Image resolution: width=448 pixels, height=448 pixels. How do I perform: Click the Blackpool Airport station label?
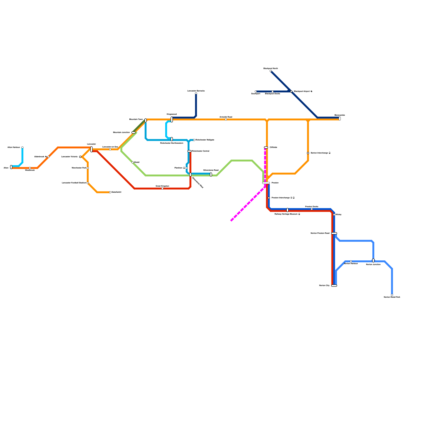tap(302, 92)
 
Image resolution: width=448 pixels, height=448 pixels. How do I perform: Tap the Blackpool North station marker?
tap(270, 71)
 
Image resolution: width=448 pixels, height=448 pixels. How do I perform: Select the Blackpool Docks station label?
tap(272, 94)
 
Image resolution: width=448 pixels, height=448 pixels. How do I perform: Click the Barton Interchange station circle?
tap(308, 153)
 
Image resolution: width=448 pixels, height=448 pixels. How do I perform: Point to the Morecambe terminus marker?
tap(340, 118)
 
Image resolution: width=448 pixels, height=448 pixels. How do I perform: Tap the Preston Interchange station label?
tap(281, 198)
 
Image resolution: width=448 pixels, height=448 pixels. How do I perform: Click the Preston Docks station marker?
tap(312, 209)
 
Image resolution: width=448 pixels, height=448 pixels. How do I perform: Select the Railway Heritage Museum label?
tap(286, 214)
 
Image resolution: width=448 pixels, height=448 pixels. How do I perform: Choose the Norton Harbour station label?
tap(351, 264)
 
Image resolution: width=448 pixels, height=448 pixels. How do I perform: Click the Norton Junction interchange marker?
tap(373, 260)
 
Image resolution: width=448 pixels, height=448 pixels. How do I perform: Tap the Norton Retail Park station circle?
tap(392, 295)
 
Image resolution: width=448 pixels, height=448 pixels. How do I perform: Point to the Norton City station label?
tap(324, 286)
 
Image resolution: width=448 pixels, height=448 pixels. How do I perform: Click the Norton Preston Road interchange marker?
tap(334, 233)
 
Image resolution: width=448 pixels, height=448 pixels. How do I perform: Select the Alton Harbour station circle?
tap(22, 148)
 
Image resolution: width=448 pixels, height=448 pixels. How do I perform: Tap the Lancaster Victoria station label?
tap(69, 157)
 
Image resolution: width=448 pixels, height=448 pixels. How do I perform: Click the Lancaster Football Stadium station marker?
tap(88, 183)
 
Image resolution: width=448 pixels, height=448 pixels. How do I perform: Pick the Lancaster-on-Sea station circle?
tap(110, 149)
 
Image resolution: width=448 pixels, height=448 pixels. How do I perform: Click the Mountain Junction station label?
tap(121, 132)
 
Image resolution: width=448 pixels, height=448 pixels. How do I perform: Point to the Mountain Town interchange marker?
tap(146, 120)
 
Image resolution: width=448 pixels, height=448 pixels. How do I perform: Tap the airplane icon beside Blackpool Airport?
tap(311, 92)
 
